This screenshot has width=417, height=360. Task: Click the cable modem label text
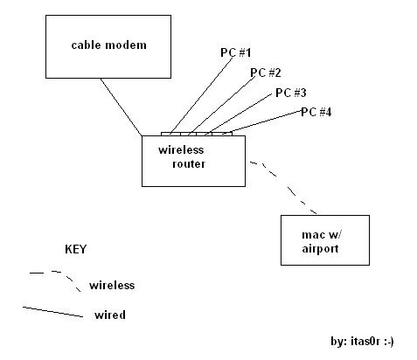click(x=108, y=45)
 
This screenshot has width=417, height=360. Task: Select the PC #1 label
click(x=235, y=52)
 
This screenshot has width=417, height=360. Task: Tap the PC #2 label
click(x=266, y=73)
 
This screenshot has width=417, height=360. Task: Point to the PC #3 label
click(x=291, y=93)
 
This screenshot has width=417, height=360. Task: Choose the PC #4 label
click(x=316, y=112)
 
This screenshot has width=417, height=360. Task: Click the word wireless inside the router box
click(x=181, y=150)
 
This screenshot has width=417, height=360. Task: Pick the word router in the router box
click(x=189, y=164)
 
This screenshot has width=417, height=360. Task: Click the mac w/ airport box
click(x=325, y=216)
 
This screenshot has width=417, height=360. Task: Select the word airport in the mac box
click(x=320, y=249)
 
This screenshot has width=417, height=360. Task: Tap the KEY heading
click(x=76, y=249)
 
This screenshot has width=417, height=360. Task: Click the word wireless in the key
click(x=112, y=285)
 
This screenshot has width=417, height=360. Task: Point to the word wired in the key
click(x=110, y=315)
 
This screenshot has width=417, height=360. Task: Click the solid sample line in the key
click(x=52, y=312)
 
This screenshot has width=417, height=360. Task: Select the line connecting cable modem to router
click(x=122, y=107)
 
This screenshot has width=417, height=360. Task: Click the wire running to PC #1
click(x=201, y=96)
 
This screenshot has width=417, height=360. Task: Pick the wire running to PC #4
click(x=262, y=122)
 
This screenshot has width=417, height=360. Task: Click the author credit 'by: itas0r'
click(x=362, y=341)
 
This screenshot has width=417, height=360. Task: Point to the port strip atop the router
click(x=197, y=134)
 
